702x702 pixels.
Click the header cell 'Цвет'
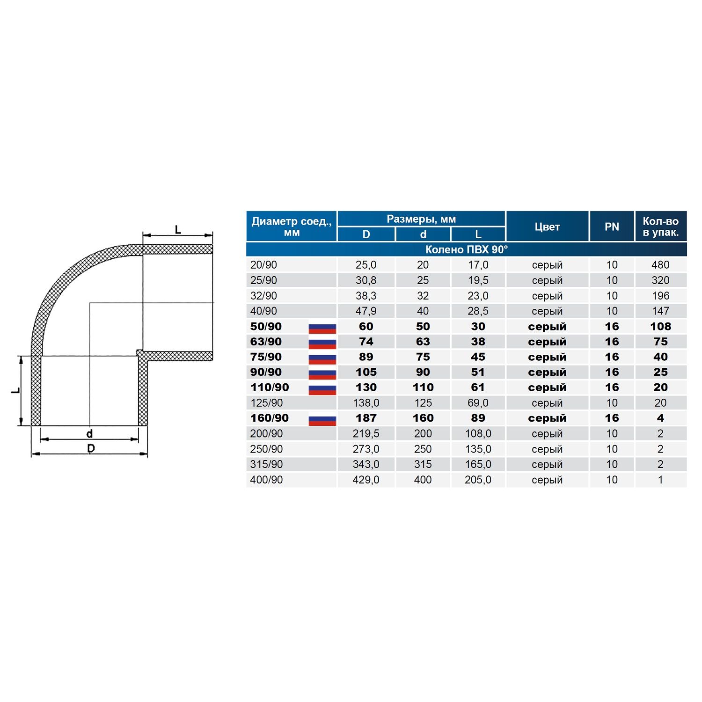[x=547, y=227]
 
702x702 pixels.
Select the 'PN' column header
[x=612, y=227]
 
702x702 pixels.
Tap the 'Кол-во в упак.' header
[x=660, y=227]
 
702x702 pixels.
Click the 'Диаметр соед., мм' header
[x=292, y=227]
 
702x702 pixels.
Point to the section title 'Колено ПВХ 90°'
[x=466, y=249]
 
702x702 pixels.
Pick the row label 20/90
[x=263, y=265]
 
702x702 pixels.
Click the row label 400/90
[x=266, y=480]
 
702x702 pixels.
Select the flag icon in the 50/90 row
[x=322, y=329]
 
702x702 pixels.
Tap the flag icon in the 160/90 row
[x=322, y=420]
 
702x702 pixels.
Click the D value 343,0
[x=366, y=464]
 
